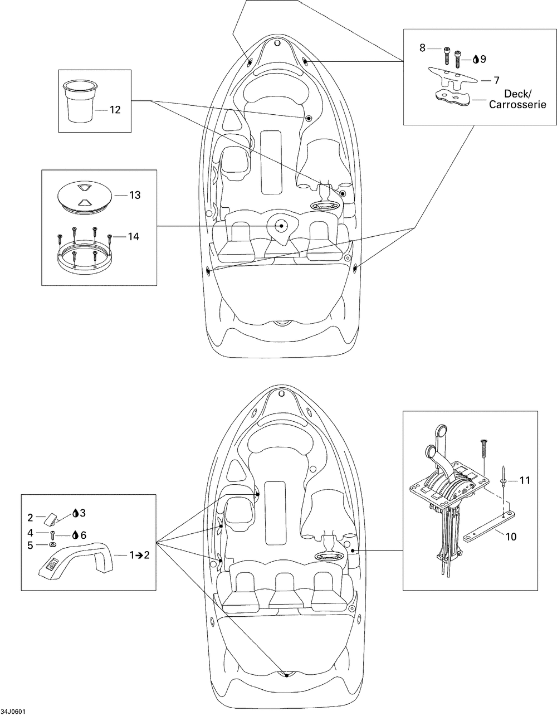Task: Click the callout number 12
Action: click(115, 110)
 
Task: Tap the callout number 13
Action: click(135, 195)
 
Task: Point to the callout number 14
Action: click(134, 237)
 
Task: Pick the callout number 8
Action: click(422, 48)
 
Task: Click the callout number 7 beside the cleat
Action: click(496, 80)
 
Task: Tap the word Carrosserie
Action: click(517, 105)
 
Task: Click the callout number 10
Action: click(511, 537)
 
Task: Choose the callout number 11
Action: click(524, 480)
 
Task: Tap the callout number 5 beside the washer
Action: click(30, 545)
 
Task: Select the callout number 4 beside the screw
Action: click(30, 533)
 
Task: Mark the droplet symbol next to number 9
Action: click(476, 60)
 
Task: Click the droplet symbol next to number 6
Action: click(76, 535)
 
